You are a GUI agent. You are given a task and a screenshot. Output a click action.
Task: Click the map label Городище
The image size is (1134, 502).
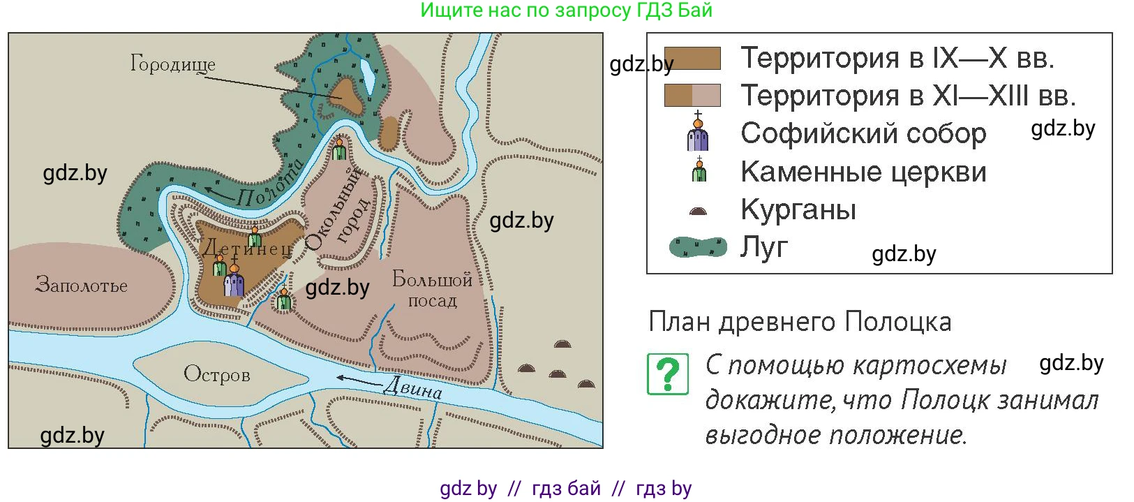point(172,64)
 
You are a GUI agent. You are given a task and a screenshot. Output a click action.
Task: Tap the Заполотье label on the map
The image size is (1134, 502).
point(82,285)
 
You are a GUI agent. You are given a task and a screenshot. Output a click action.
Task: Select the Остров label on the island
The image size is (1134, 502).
point(216,375)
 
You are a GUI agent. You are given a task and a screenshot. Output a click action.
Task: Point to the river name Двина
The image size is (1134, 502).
point(413,388)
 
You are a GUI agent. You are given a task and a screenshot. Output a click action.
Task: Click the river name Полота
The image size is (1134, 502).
point(269,183)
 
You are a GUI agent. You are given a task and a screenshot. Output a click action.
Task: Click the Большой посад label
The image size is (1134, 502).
point(432,289)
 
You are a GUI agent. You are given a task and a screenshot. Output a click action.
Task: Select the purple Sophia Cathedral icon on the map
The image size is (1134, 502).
point(234,281)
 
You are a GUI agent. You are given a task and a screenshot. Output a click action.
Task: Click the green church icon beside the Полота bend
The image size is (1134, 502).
point(339,149)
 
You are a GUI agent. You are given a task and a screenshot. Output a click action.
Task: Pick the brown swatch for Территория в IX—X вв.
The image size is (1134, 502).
point(692,58)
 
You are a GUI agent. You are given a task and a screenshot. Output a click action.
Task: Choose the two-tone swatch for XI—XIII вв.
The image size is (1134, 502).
point(692,96)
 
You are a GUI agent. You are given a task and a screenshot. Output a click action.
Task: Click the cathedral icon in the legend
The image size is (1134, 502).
point(698,133)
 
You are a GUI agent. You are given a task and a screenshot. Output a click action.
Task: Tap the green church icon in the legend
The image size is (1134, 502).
point(699,171)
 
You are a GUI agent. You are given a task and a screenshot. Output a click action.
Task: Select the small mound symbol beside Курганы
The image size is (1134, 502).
point(698,211)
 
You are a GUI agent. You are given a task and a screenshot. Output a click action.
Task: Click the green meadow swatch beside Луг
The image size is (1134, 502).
point(698,247)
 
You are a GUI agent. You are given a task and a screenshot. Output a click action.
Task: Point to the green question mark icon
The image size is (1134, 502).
point(668,374)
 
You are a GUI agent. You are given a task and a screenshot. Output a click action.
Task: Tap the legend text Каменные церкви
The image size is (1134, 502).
point(863,172)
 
